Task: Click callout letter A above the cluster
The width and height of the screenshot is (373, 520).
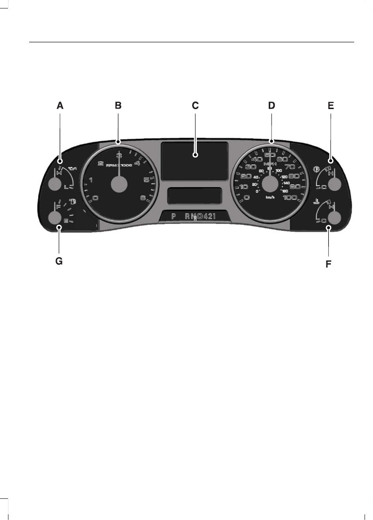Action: (x=60, y=106)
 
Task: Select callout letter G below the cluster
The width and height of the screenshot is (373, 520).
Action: (x=59, y=261)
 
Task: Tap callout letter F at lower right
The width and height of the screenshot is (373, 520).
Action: (x=328, y=264)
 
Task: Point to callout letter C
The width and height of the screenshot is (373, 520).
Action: (x=195, y=106)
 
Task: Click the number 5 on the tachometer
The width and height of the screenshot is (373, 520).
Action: (x=147, y=180)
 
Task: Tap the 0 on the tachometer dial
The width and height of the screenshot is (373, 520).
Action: (x=95, y=198)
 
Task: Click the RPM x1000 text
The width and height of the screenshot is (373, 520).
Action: (x=119, y=165)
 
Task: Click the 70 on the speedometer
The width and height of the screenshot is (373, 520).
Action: (x=289, y=166)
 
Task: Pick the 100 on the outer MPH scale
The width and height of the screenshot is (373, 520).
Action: (x=290, y=197)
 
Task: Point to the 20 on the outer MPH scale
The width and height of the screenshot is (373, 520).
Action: (x=245, y=176)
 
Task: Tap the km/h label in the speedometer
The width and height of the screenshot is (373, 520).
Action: (x=270, y=198)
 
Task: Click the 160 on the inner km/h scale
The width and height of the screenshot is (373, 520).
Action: (x=285, y=191)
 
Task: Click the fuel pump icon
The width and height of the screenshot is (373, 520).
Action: (x=73, y=202)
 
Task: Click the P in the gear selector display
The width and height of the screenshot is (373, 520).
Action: (x=173, y=216)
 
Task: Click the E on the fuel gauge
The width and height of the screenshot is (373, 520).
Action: (x=66, y=220)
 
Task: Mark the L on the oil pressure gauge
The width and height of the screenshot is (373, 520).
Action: (x=66, y=187)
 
